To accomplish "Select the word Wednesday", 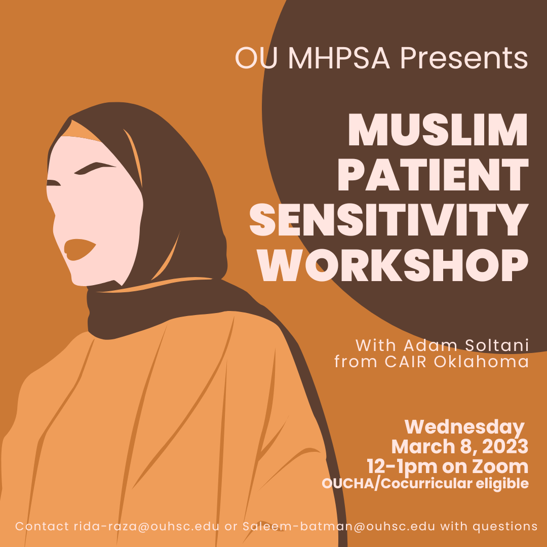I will pos(464,427).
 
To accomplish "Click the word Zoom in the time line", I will pos(503,466).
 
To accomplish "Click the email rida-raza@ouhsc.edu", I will pos(146,527).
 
